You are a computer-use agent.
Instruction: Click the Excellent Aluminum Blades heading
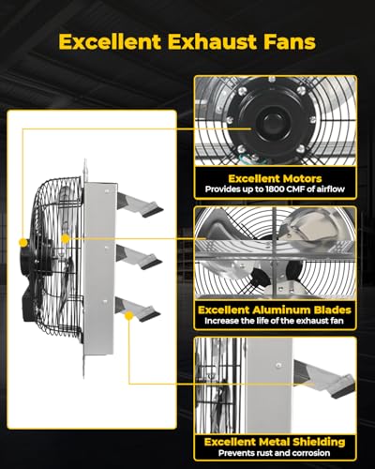pos(274,309)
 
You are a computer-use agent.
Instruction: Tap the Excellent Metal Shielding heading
pos(274,440)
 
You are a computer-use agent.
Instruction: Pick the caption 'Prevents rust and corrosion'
pos(274,454)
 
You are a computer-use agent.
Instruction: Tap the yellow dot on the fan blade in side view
pos(65,239)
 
